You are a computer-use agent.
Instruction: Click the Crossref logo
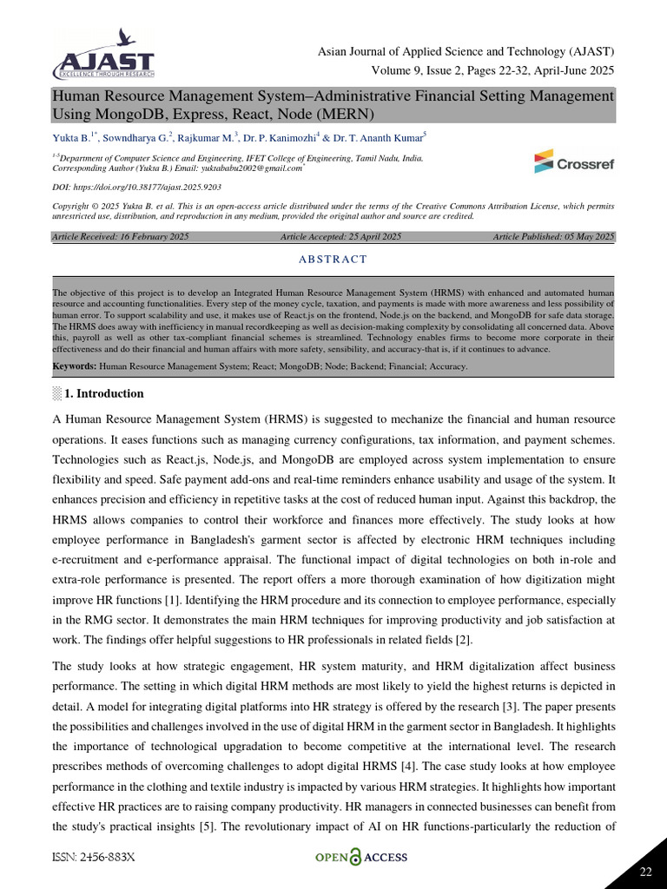click(572, 161)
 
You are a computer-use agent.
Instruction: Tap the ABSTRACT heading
click(333, 259)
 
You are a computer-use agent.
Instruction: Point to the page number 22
click(645, 872)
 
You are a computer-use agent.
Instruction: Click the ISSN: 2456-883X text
click(94, 857)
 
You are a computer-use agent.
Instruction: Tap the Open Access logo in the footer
click(360, 858)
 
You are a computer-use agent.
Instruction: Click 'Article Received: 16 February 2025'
click(121, 236)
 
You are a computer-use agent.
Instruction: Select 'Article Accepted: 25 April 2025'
click(340, 236)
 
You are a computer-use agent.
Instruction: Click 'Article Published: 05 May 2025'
click(553, 236)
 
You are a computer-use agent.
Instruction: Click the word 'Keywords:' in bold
click(75, 366)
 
